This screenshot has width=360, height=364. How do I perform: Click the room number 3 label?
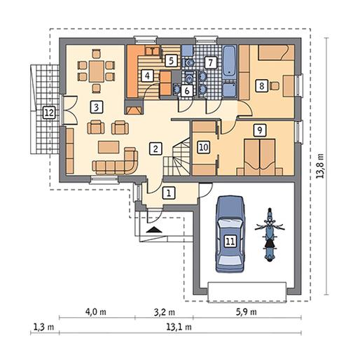97,107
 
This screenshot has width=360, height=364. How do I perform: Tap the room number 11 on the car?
230,241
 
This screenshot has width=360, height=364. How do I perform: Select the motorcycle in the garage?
270,234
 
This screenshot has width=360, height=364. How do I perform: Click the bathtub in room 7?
229,62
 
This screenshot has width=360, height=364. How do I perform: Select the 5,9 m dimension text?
247,311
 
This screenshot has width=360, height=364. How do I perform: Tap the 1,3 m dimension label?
43,327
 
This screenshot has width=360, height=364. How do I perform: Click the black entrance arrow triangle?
154,230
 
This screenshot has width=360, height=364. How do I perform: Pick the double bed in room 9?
260,157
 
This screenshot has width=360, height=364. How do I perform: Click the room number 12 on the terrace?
49,113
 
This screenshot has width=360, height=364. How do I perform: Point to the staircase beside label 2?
176,157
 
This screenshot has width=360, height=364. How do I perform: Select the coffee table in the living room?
109,147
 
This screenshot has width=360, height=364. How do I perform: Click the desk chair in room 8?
275,86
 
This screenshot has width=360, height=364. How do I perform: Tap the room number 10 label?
204,147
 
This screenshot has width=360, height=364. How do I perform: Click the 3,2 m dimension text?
165,312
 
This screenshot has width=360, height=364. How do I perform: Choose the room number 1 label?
169,193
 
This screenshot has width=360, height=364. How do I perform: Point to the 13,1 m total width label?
179,327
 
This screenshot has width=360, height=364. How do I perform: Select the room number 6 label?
187,91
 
